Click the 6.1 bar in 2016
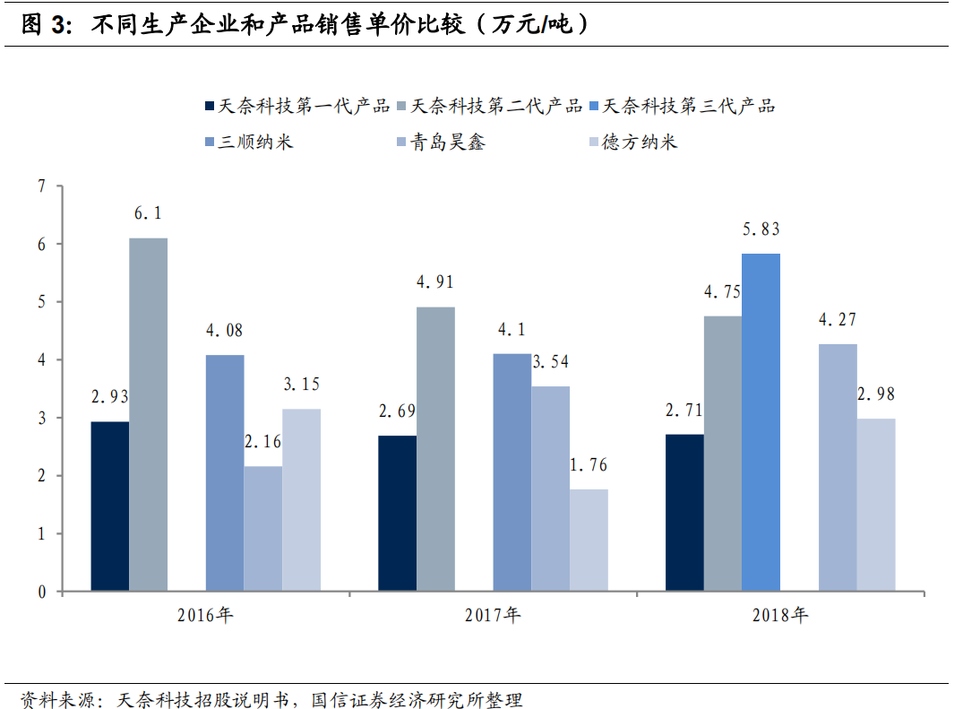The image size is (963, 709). [148, 414]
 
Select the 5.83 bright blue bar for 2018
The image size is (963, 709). [761, 422]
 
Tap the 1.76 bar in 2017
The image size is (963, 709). [589, 540]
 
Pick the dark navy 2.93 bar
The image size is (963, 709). [109, 506]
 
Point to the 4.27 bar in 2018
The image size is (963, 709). [838, 467]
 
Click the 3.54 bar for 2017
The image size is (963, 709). [550, 489]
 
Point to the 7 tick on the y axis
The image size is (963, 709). [40, 186]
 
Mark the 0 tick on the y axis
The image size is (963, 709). [40, 592]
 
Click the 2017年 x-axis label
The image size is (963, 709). [492, 616]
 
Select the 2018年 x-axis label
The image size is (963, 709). [779, 616]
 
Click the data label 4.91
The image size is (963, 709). [435, 282]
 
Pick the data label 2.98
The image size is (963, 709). [876, 393]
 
